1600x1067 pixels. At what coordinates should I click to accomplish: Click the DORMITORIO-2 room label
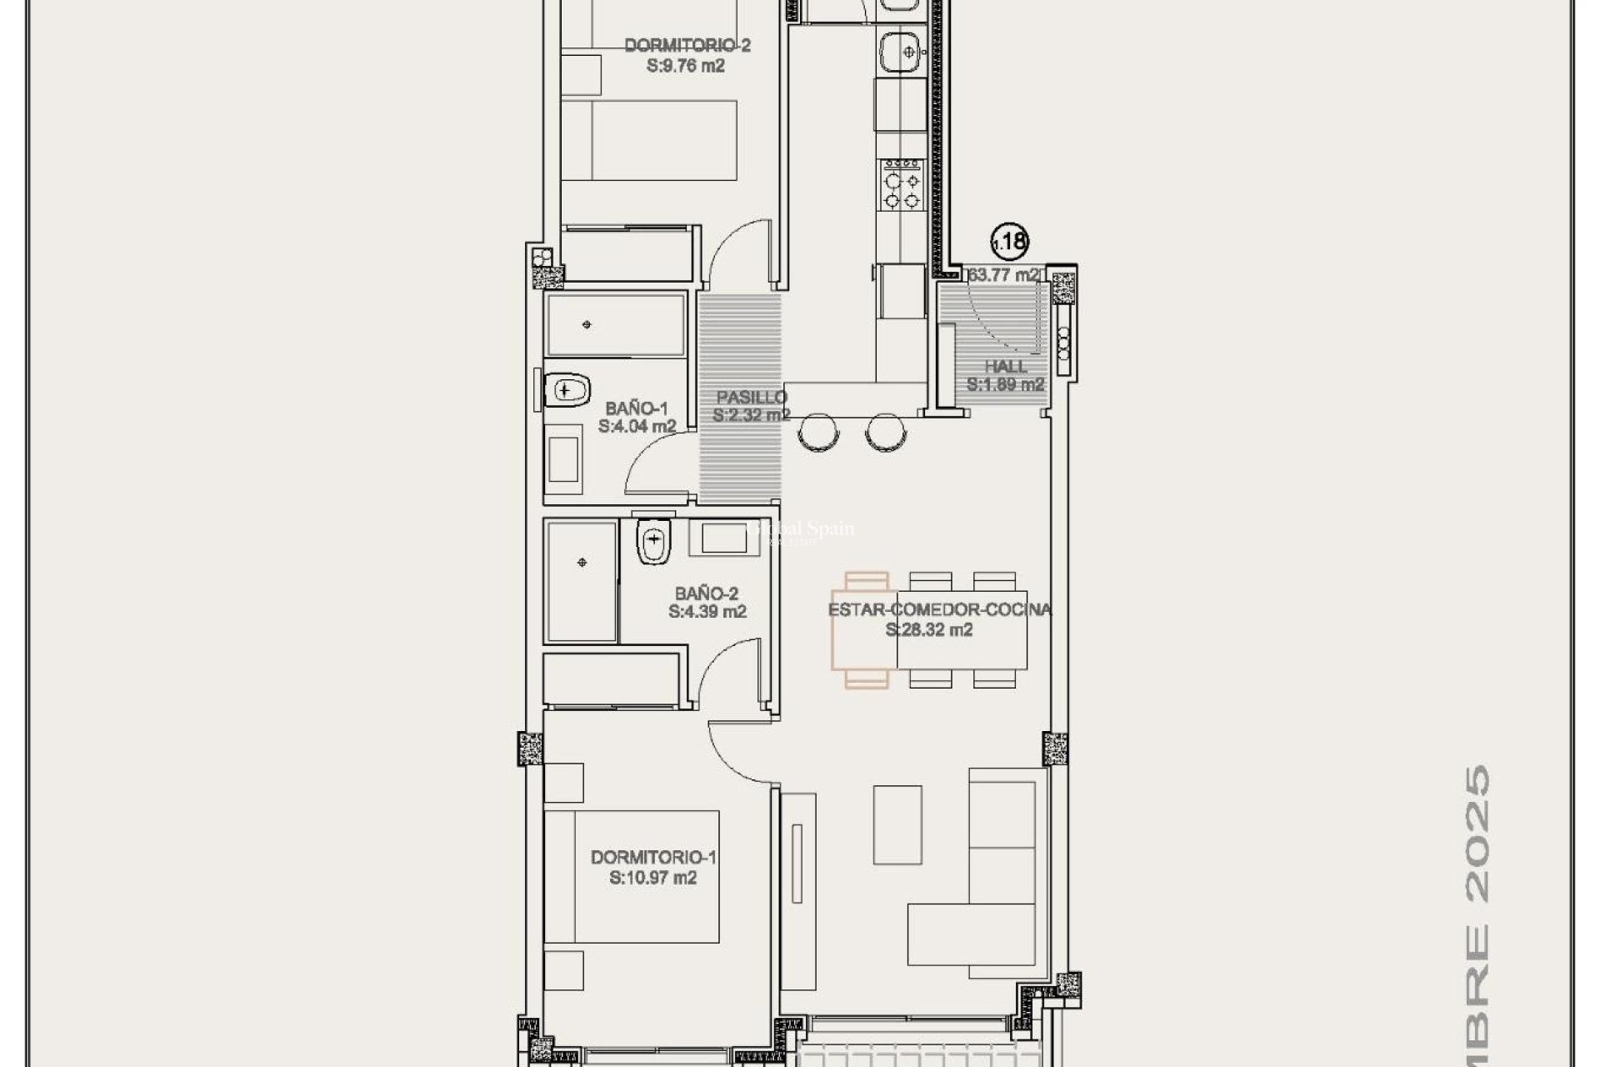pyautogui.click(x=687, y=45)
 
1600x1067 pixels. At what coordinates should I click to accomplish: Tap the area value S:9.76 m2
pyautogui.click(x=685, y=66)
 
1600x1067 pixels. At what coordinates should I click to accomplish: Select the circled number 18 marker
pyautogui.click(x=1010, y=242)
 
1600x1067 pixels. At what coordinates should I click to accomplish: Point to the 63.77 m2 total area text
pyautogui.click(x=1003, y=274)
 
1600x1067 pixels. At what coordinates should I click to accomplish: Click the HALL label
pyautogui.click(x=1005, y=366)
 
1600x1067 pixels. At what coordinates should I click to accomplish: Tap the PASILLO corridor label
pyautogui.click(x=752, y=397)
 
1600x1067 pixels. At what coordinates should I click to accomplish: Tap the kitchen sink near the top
pyautogui.click(x=902, y=49)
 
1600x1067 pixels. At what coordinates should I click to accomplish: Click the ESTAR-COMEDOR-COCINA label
pyautogui.click(x=939, y=609)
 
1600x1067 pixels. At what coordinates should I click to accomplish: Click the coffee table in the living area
pyautogui.click(x=897, y=824)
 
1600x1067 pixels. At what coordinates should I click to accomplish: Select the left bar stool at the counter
pyautogui.click(x=817, y=433)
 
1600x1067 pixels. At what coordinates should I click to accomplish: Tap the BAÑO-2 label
pyautogui.click(x=706, y=594)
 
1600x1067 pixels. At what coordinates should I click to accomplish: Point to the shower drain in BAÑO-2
pyautogui.click(x=582, y=563)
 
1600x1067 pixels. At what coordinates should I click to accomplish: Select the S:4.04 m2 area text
pyautogui.click(x=637, y=426)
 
